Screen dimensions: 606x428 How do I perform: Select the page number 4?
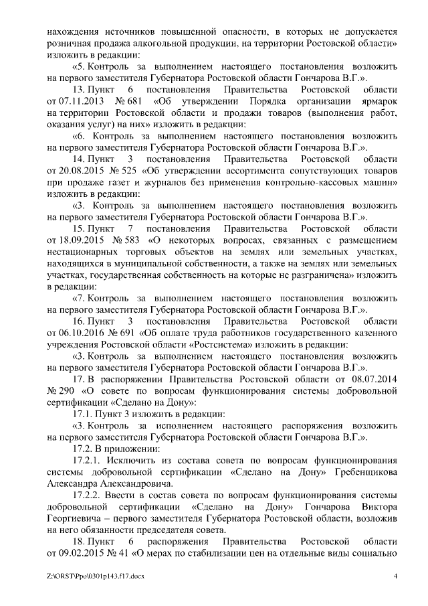coord(396,577)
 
